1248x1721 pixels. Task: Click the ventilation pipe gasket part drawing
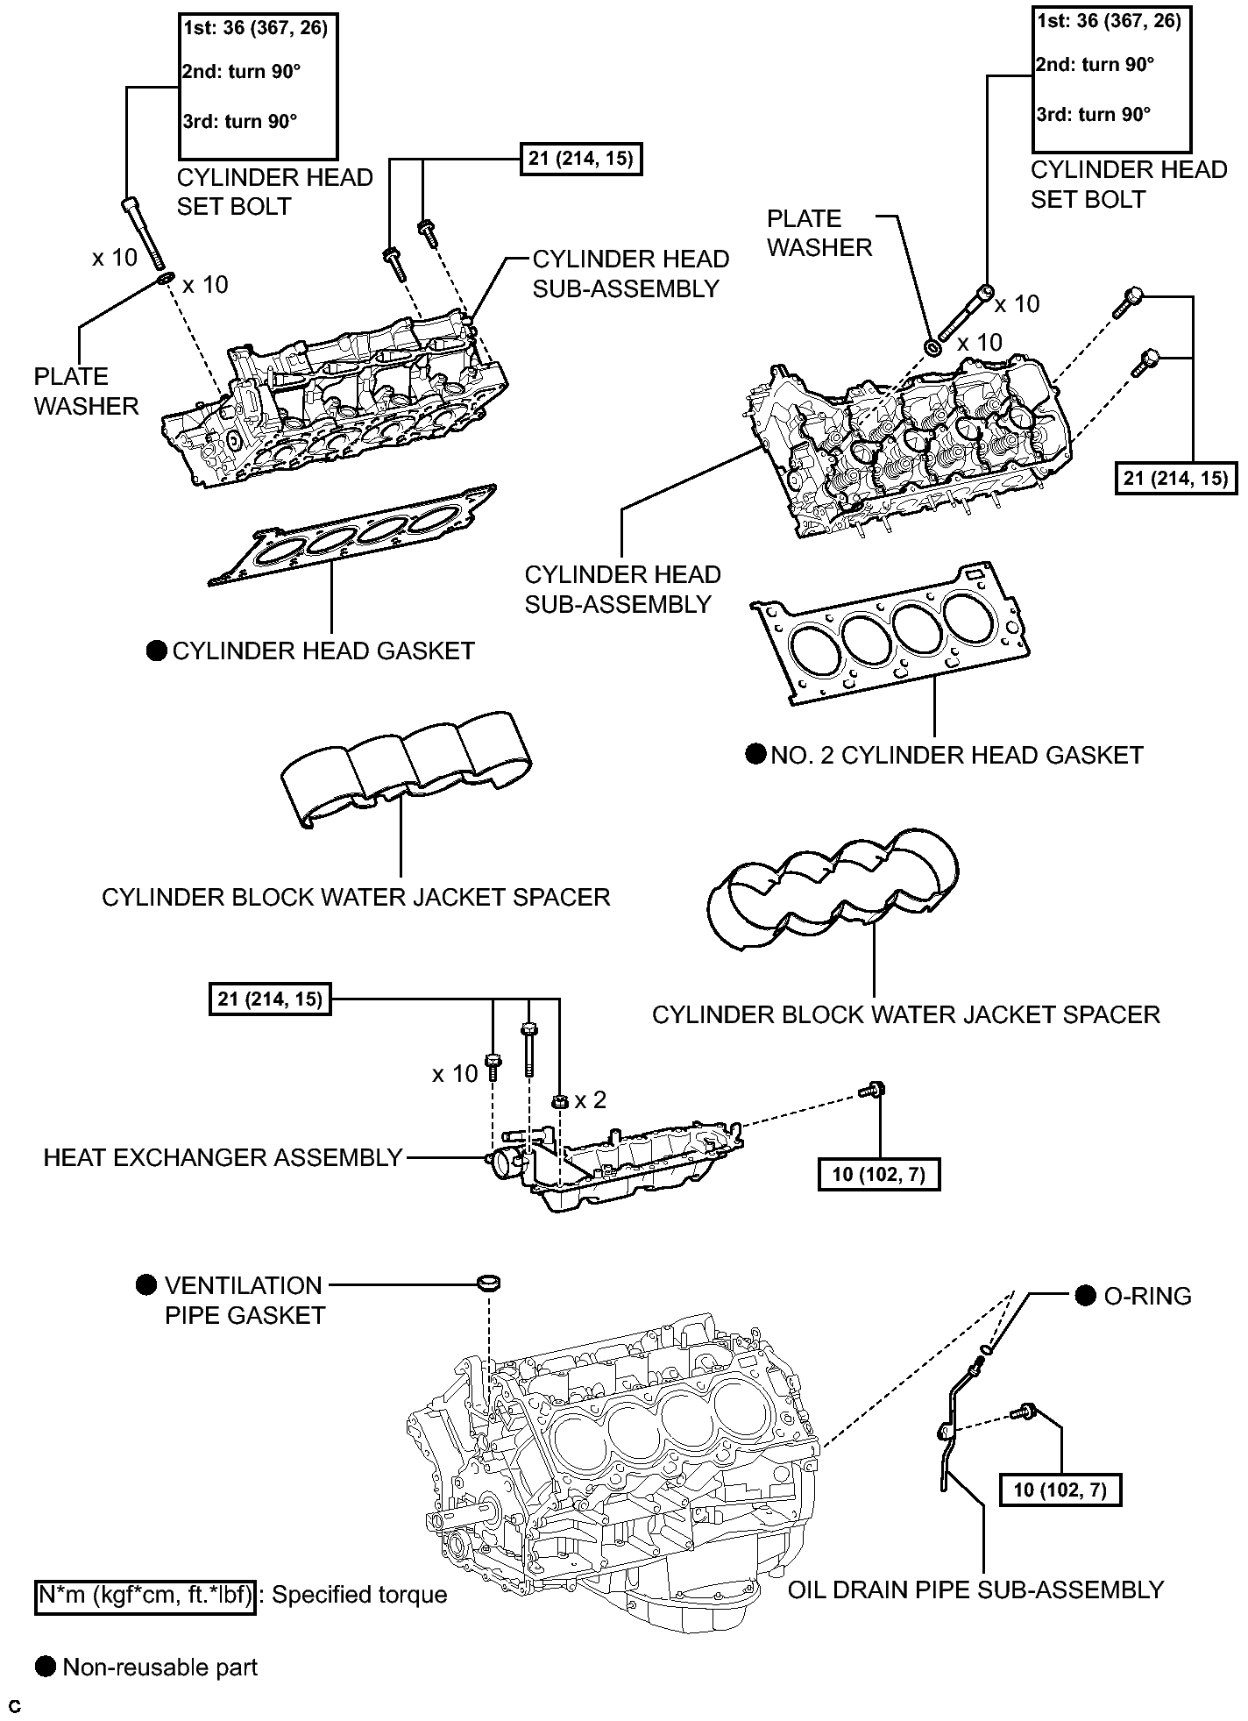point(489,1283)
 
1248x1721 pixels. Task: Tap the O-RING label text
point(1146,1296)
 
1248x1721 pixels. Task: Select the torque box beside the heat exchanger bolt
point(878,1174)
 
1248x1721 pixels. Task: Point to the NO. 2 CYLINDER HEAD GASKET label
point(956,755)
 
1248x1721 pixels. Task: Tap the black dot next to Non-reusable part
point(45,1666)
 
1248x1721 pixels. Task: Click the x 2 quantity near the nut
point(591,1099)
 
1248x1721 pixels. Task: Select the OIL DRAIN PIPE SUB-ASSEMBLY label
point(975,1589)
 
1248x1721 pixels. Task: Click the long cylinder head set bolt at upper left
point(143,233)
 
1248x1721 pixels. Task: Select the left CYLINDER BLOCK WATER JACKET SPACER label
point(356,897)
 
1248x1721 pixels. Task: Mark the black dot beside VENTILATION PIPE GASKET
point(146,1285)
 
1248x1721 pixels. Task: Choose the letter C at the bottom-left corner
point(14,1706)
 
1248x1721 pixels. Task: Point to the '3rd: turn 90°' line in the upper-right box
point(1093,114)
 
